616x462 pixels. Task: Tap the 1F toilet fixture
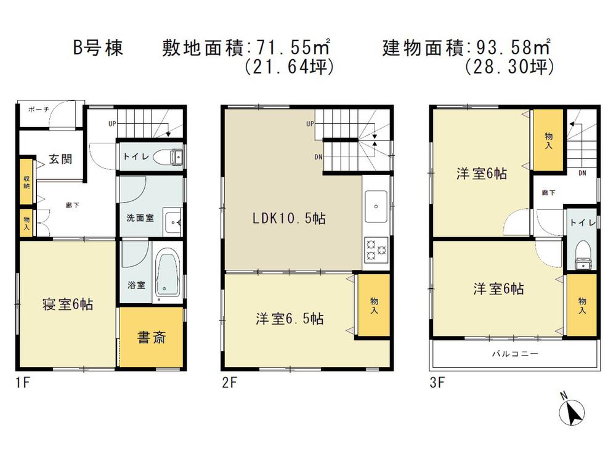(168, 156)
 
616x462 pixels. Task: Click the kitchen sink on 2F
(376, 206)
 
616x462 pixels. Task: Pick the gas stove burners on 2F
(376, 249)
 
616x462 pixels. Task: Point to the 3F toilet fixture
(583, 256)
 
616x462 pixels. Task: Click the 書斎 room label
(152, 338)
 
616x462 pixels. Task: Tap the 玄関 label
(60, 159)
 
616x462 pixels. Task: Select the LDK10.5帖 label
(289, 218)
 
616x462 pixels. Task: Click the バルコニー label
(515, 354)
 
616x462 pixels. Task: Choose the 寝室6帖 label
(68, 304)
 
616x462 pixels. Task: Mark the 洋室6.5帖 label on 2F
(290, 318)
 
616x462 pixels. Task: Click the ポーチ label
(38, 110)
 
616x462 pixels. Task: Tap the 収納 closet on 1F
(26, 182)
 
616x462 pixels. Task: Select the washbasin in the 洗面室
(172, 222)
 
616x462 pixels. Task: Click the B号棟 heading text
(98, 48)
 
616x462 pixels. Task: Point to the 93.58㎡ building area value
(513, 47)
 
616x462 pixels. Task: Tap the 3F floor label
(437, 382)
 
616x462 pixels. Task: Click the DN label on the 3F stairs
(582, 173)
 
